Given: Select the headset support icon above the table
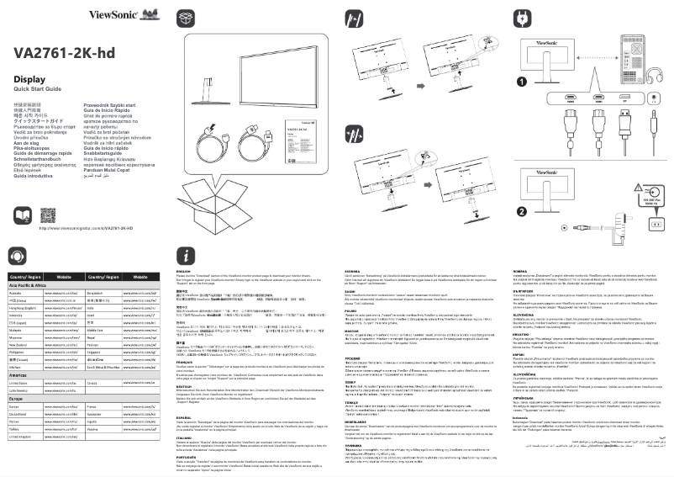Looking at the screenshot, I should pyautogui.click(x=18, y=256).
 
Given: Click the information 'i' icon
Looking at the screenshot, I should pyautogui.click(x=186, y=256).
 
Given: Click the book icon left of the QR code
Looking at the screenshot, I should pyautogui.click(x=24, y=214).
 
